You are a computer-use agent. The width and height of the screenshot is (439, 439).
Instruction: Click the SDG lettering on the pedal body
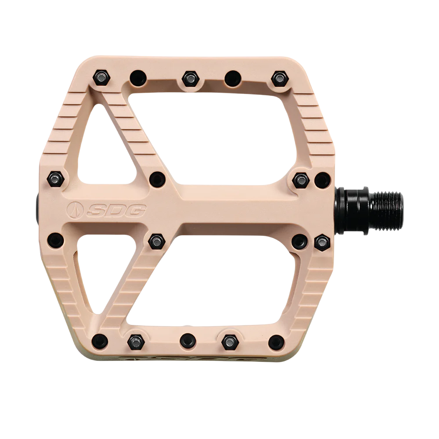click(x=116, y=211)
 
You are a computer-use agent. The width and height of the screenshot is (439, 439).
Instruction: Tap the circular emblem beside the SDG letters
click(x=75, y=211)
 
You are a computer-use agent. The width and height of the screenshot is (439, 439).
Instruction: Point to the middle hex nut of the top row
click(x=190, y=79)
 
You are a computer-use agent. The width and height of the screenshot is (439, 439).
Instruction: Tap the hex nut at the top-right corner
click(x=279, y=79)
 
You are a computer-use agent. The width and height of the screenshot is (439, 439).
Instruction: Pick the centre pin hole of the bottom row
click(x=187, y=341)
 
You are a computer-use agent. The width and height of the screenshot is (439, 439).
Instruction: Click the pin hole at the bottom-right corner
click(x=276, y=342)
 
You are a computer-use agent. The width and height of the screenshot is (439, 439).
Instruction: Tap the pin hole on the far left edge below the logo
click(x=55, y=240)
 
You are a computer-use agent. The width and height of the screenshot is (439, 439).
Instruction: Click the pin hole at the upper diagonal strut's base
click(x=157, y=179)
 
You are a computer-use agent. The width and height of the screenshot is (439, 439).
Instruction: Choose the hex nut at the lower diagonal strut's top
click(x=156, y=240)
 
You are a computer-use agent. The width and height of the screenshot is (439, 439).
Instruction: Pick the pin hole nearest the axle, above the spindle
click(x=323, y=180)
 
